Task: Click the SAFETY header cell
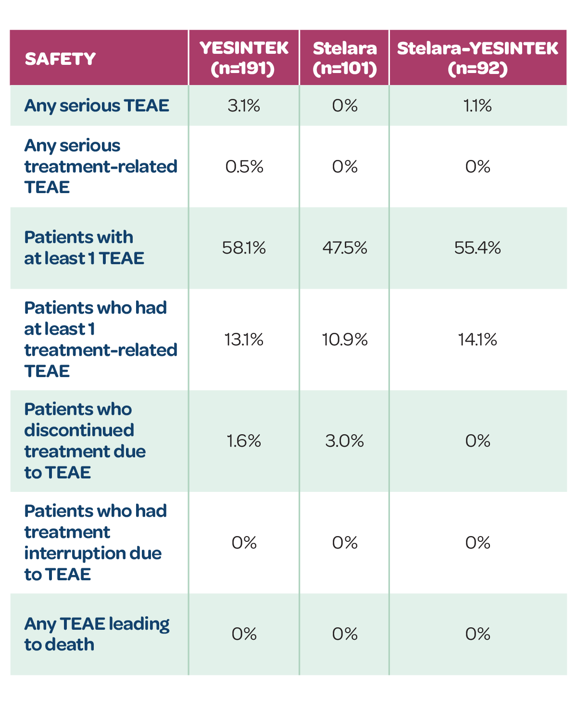pos(60,59)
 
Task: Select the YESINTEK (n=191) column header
pos(244,58)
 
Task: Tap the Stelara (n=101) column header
pos(344,58)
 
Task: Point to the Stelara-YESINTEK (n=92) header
pos(477,58)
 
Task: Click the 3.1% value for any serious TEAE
pos(244,106)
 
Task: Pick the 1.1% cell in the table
pos(477,106)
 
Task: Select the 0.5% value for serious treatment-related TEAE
pos(244,167)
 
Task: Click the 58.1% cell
pos(244,248)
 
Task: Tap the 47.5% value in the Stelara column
pos(344,248)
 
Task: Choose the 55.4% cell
pos(477,248)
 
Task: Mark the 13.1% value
pos(244,340)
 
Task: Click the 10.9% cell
pos(345,340)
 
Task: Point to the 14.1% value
pos(477,340)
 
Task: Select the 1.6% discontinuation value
pos(244,441)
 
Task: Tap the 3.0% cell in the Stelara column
pos(344,441)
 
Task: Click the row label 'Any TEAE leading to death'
pos(96,634)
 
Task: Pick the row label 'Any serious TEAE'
pos(96,106)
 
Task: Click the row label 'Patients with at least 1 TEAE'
pos(84,248)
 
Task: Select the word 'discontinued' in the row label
pos(79,430)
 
